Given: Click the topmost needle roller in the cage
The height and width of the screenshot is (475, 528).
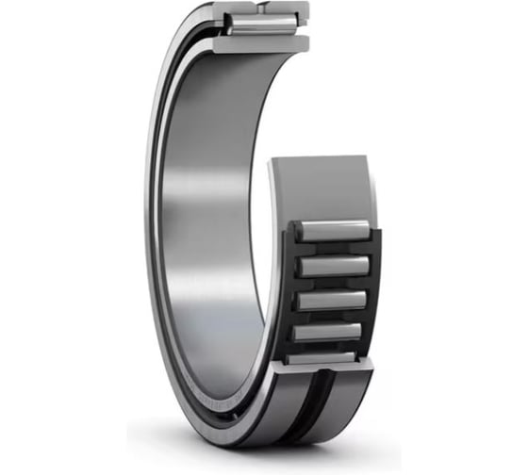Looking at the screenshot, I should pos(329,230).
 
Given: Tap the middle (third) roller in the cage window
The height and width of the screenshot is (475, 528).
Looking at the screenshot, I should pos(329,300).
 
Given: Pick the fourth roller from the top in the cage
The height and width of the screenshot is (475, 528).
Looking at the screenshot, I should pos(327,332).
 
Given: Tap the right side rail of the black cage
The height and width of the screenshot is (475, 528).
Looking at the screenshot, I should pos(371,283).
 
